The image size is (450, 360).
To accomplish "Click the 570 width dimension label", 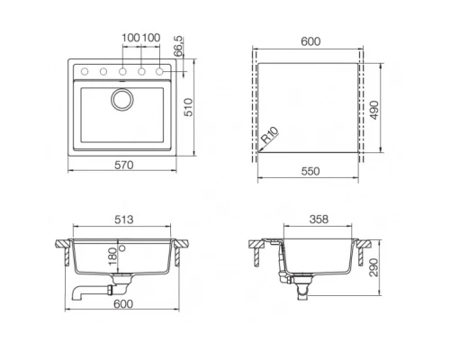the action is coord(123,165).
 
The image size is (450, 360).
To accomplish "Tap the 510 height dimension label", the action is coord(189,107).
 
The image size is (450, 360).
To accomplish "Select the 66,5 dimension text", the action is coord(178,46).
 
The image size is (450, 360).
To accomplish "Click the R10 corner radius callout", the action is coord(269,135).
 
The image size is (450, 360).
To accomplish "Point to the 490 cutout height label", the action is coord(373,110).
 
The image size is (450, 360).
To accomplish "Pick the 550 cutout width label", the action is coord(310,171).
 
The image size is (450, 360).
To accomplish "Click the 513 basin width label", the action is coord(123,220).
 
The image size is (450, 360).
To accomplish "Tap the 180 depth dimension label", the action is coord(112,256).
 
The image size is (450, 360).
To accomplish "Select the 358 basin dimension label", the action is coord(319,220).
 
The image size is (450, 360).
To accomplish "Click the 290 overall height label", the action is coord(373,267).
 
